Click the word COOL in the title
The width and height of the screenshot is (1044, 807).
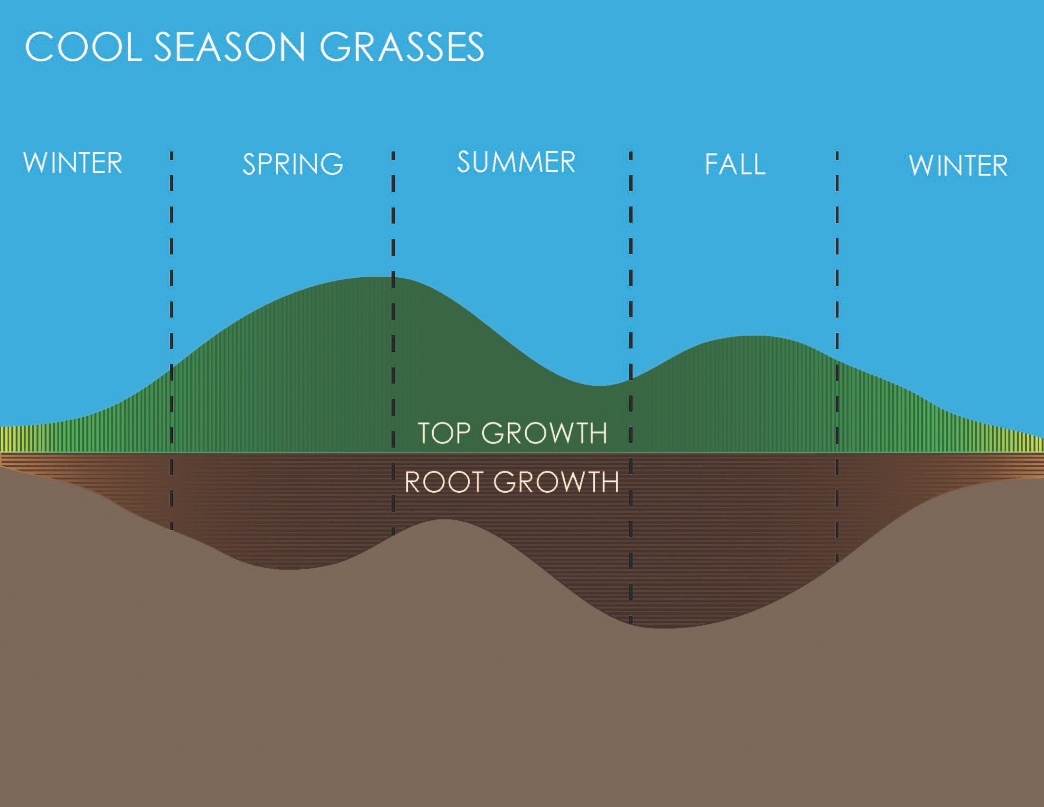click(x=83, y=47)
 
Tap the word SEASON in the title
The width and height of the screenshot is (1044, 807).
click(x=230, y=47)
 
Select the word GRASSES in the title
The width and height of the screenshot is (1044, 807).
click(x=401, y=47)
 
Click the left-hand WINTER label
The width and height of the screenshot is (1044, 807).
click(x=73, y=163)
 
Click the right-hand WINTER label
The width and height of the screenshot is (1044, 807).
click(x=958, y=165)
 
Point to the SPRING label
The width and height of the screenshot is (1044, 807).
click(x=292, y=164)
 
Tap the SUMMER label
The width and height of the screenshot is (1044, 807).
click(x=516, y=161)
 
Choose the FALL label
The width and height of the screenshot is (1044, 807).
click(x=735, y=164)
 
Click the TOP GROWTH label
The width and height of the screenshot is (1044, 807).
click(x=513, y=433)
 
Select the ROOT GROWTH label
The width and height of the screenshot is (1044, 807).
click(x=512, y=482)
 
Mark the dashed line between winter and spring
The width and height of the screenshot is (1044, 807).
click(x=171, y=340)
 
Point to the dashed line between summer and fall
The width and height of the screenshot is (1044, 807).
click(x=631, y=388)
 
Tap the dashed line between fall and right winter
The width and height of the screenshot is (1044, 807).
click(x=837, y=357)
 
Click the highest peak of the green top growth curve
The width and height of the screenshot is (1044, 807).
click(x=382, y=277)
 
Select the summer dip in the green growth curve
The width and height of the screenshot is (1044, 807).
click(x=600, y=385)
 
